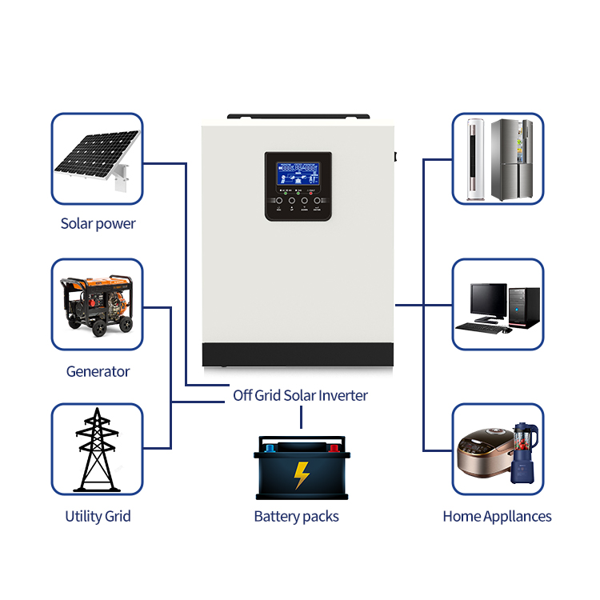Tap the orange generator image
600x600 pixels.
pyautogui.click(x=97, y=305)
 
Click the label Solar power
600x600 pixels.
pyautogui.click(x=98, y=224)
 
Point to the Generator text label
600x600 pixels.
pyautogui.click(x=98, y=371)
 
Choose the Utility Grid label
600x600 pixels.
pyautogui.click(x=98, y=516)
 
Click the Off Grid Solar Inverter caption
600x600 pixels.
pyautogui.click(x=300, y=395)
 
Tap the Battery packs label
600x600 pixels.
pyautogui.click(x=296, y=516)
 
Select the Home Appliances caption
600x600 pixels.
pyautogui.click(x=497, y=516)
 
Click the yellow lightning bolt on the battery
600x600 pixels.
pyautogui.click(x=300, y=475)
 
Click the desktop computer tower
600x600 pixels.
pyautogui.click(x=526, y=306)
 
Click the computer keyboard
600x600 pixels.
pyautogui.click(x=482, y=327)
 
